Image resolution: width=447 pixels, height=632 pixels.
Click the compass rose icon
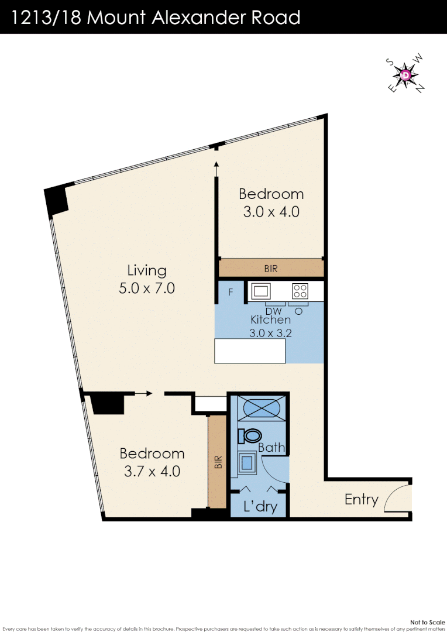click(407, 75)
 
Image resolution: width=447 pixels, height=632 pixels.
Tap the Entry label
click(361, 499)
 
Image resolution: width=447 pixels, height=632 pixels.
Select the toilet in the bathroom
click(250, 435)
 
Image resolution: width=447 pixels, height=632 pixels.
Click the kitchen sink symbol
click(260, 291)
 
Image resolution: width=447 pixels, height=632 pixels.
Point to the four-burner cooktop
click(300, 291)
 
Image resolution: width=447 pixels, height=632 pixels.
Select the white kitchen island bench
click(250, 351)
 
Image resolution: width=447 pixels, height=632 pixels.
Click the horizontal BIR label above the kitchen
click(271, 269)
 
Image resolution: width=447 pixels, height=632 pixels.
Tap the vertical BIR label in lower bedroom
click(218, 462)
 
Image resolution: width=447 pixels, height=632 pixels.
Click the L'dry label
click(259, 506)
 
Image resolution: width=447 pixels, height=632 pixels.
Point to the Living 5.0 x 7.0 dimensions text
click(147, 288)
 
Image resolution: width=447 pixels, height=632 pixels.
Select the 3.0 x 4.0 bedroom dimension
click(271, 211)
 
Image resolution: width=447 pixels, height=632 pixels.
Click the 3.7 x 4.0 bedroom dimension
click(152, 470)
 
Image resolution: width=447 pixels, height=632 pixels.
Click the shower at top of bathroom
click(257, 407)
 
